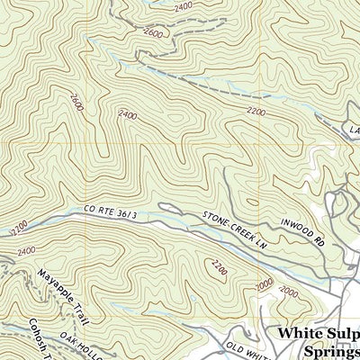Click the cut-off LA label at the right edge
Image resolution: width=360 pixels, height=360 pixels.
(354, 130)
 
